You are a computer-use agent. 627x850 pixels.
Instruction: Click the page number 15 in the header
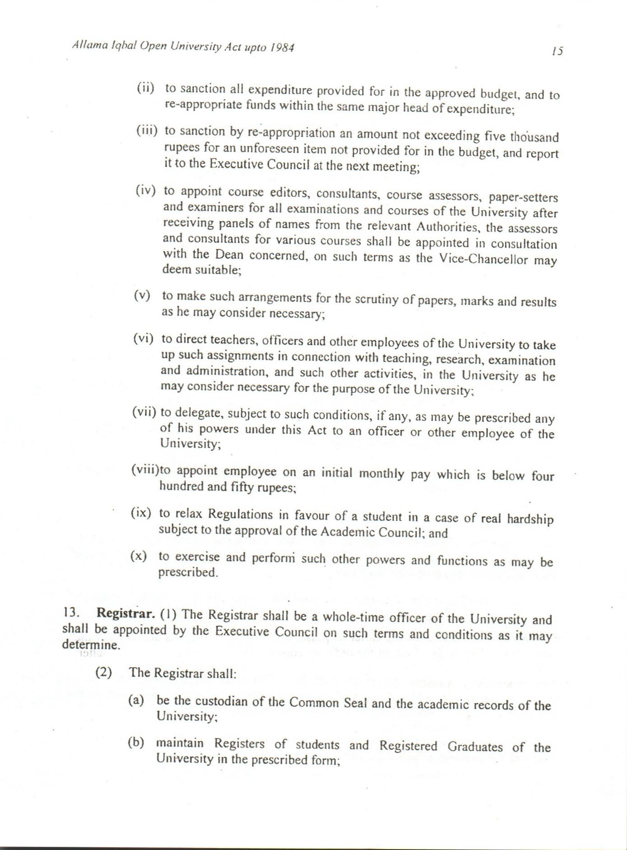click(x=557, y=51)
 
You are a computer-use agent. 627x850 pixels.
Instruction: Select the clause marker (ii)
click(x=145, y=87)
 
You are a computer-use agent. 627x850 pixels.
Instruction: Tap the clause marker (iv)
click(x=145, y=191)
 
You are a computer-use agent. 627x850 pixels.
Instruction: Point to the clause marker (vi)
click(x=143, y=339)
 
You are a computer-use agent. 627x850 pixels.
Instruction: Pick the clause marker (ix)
click(x=141, y=513)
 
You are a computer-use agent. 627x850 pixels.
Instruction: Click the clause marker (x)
click(x=139, y=556)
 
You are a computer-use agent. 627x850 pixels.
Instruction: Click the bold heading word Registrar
click(x=126, y=613)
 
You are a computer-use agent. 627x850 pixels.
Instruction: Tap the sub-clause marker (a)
click(x=136, y=701)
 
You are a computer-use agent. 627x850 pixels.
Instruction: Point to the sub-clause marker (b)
click(x=136, y=743)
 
